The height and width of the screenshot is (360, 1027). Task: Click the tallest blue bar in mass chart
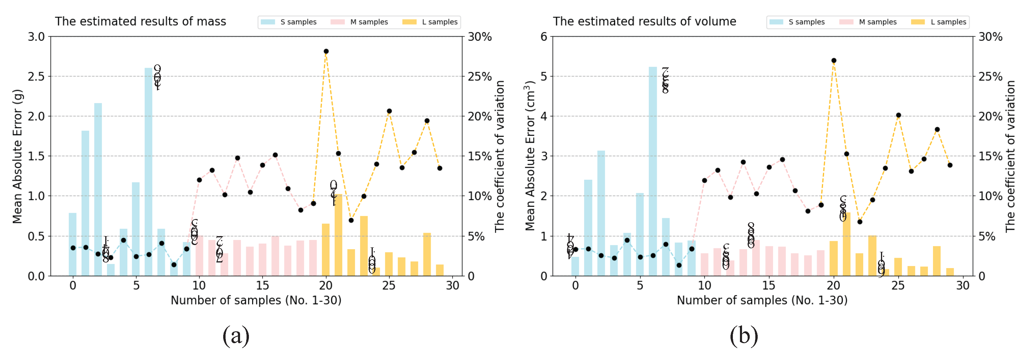pos(148,171)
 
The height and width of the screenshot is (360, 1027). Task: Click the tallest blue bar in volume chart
pos(653,171)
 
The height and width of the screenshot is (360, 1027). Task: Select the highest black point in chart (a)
pos(326,51)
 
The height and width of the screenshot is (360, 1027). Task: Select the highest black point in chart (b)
pos(834,61)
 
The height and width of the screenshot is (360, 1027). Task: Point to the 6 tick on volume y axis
pos(544,37)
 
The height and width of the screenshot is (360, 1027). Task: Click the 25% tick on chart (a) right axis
pos(480,76)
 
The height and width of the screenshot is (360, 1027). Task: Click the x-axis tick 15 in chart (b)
pos(769,286)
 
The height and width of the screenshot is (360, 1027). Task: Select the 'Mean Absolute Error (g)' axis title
pos(17,156)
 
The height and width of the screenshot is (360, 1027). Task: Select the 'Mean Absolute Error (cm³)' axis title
pos(530,156)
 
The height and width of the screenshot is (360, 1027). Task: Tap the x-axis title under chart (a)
pos(256,300)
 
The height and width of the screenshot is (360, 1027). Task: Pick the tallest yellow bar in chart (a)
pos(338,235)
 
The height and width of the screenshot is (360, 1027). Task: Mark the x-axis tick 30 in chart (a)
pos(453,286)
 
